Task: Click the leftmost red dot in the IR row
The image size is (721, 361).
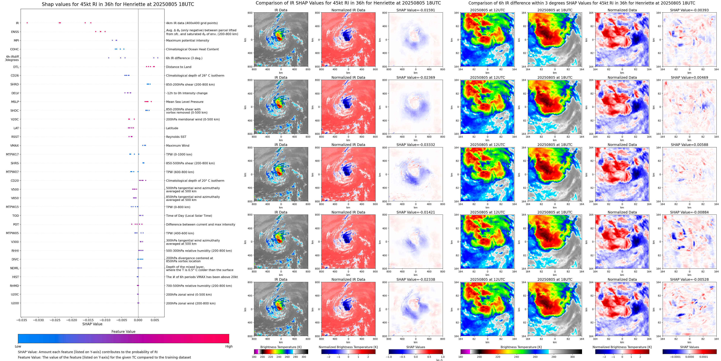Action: (x=27, y=23)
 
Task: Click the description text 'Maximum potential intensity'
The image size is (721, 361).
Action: (x=187, y=41)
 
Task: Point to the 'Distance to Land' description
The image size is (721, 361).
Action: (x=178, y=67)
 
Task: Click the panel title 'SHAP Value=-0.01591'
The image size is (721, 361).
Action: (x=416, y=10)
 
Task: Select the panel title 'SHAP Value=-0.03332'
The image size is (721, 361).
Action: (x=416, y=145)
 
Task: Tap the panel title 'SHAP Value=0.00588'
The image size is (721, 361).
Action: (x=689, y=145)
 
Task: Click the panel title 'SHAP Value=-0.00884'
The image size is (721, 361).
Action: (x=689, y=212)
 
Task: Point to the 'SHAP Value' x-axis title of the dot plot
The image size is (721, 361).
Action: (x=92, y=324)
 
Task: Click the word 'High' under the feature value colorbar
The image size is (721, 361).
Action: (x=229, y=346)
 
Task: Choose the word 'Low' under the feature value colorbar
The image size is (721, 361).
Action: (x=18, y=346)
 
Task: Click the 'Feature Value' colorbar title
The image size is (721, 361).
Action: (x=123, y=332)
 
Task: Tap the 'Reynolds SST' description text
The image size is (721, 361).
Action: (x=176, y=137)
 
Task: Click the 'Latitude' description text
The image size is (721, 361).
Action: (x=172, y=128)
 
